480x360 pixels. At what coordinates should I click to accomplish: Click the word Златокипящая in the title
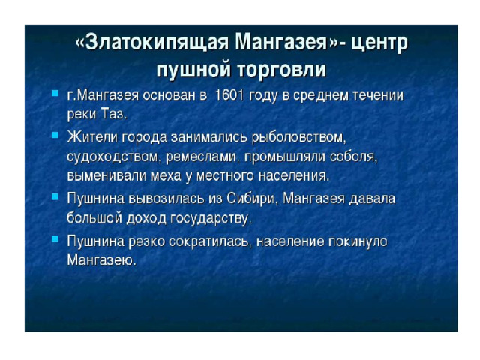coord(156,43)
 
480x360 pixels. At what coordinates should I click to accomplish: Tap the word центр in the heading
coord(379,43)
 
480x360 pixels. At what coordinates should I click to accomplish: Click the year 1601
coord(229,95)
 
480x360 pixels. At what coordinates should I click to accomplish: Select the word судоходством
coord(113,157)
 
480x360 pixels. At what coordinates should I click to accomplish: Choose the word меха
coord(166,176)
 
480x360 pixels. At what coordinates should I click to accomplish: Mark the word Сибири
coord(252,199)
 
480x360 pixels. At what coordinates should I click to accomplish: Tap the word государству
coord(211,218)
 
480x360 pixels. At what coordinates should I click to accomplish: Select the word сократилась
coord(211,241)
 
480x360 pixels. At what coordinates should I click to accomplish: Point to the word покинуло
coord(358,241)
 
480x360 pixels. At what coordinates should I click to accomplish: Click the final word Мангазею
coord(101,260)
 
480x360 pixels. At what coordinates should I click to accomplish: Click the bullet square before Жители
coord(55,135)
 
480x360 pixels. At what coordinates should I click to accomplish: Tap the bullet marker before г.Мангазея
coord(55,93)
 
